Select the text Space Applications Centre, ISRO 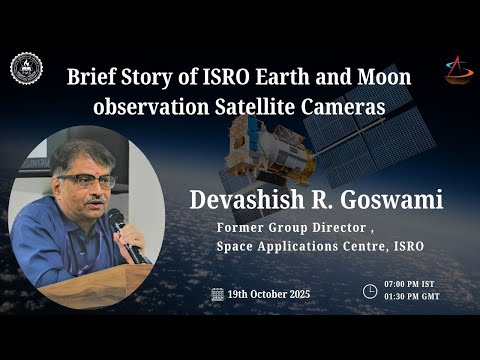[x=320, y=245]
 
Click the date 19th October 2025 [x=268, y=294]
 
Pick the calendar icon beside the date [x=217, y=294]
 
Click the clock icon [x=370, y=292]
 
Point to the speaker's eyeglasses [x=87, y=180]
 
